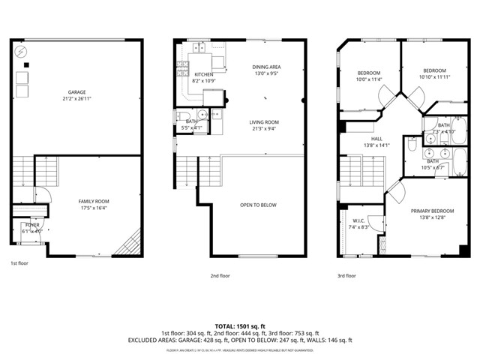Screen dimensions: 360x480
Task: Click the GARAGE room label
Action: (x=76, y=92)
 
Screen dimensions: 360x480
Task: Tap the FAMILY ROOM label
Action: (x=94, y=201)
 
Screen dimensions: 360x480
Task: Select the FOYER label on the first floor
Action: (x=32, y=224)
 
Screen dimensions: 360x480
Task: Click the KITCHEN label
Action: (x=203, y=74)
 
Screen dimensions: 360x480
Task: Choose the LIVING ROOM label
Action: (x=264, y=121)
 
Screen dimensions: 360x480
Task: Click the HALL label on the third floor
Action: (x=376, y=138)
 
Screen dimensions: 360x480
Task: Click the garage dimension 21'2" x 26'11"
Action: (x=76, y=99)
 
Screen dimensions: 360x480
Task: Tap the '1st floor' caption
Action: (x=19, y=263)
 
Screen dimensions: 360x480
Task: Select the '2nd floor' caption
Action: (x=220, y=276)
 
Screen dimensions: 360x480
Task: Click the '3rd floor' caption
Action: (x=346, y=276)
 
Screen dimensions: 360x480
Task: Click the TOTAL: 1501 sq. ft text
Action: (x=239, y=326)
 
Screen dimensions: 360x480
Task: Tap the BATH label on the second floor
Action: (x=191, y=121)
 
